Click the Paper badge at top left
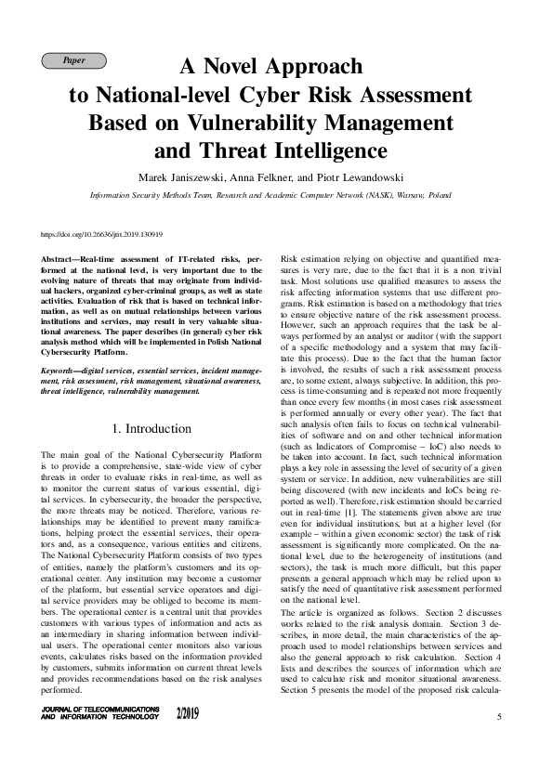tap(74, 61)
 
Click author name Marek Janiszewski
tap(177, 177)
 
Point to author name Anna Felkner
tap(259, 177)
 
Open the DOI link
tap(103, 235)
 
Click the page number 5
tap(499, 717)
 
